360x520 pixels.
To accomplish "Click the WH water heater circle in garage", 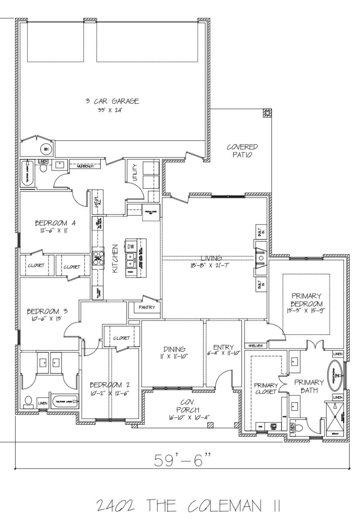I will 46,149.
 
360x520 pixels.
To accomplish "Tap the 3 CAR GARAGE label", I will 112,101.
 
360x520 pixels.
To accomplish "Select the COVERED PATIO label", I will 242,151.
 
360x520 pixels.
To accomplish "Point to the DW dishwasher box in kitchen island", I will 131,246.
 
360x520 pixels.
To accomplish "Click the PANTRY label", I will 147,307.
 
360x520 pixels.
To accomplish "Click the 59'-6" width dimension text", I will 182,460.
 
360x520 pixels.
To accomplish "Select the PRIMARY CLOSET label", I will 265,388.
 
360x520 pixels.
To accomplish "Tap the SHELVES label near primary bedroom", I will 255,346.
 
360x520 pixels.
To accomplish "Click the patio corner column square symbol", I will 267,114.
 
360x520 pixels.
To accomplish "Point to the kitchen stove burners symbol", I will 98,256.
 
